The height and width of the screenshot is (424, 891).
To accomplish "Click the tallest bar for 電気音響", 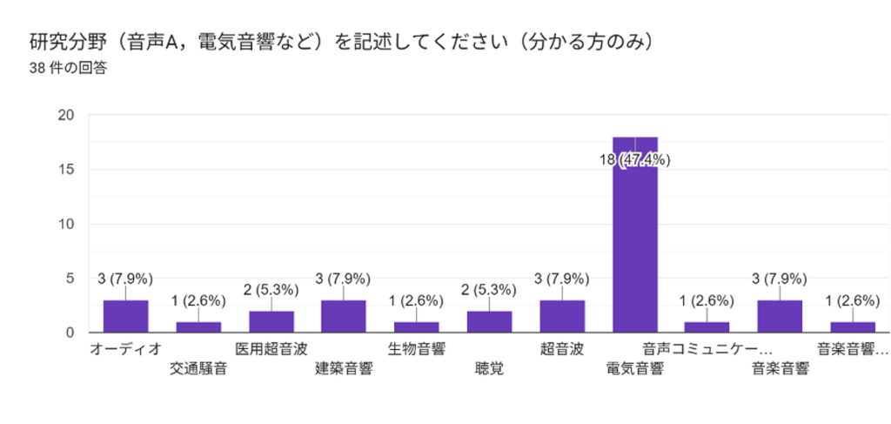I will click(x=634, y=235).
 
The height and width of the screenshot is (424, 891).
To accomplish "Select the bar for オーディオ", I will click(x=125, y=316).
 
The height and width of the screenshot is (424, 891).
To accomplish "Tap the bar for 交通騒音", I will click(x=198, y=326).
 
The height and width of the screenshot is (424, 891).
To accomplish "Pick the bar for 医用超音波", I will click(x=271, y=321).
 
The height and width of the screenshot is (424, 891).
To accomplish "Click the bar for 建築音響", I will click(x=344, y=316).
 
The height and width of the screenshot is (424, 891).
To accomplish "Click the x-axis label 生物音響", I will click(x=416, y=349).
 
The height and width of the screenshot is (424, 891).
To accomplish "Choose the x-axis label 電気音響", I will click(x=634, y=368).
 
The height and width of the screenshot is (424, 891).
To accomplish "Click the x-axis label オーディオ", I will click(x=125, y=349).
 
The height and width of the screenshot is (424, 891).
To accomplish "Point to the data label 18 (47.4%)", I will click(x=634, y=159).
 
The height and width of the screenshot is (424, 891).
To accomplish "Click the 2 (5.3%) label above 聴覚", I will click(x=489, y=300).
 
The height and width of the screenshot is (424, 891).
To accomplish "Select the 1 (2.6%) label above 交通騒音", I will click(x=198, y=300).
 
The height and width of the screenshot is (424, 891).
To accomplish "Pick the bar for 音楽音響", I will click(x=780, y=316).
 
